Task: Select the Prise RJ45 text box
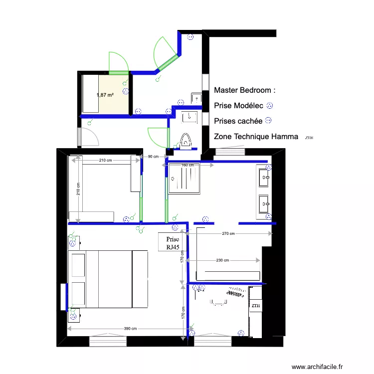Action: (169, 243)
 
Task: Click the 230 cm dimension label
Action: (222, 260)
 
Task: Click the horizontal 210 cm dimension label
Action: (105, 160)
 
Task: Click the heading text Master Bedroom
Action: (244, 91)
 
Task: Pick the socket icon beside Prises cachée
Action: (268, 120)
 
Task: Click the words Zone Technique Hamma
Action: (256, 137)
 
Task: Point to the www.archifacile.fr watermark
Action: (318, 367)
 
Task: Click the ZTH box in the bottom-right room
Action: (256, 306)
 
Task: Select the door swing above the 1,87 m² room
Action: (119, 64)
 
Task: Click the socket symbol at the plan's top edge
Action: (190, 36)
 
